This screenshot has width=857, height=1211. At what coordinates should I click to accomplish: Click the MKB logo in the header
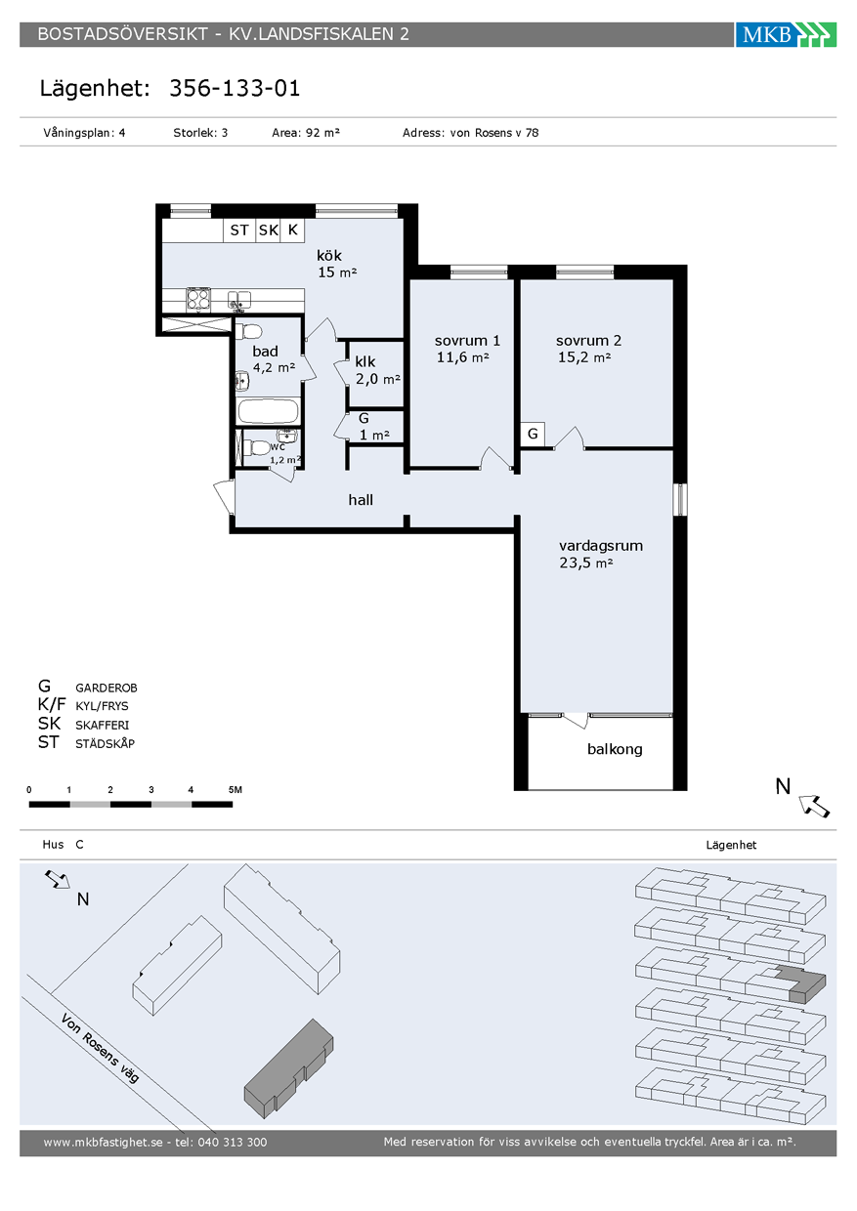tap(786, 34)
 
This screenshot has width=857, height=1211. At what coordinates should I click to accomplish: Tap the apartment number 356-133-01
tap(235, 88)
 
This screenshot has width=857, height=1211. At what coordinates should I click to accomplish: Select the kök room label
tap(329, 256)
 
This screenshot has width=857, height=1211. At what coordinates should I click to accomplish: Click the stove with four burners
tap(198, 300)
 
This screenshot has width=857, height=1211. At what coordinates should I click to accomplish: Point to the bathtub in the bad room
tap(268, 411)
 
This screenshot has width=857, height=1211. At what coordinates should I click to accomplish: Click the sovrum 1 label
tap(467, 341)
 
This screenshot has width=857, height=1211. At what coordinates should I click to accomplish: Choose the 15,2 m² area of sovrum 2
tap(584, 357)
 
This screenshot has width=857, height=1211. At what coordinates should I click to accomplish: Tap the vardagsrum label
tap(601, 546)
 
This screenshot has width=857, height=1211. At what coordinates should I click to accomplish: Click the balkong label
tap(615, 749)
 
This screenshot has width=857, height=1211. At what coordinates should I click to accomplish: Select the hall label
tap(361, 500)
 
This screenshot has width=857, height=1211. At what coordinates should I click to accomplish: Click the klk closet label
tap(365, 361)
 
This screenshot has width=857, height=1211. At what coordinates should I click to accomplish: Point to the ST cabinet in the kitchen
tap(239, 230)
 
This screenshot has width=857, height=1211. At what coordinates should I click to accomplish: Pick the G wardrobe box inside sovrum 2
tap(533, 434)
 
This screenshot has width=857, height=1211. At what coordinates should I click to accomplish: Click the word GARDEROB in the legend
tap(107, 689)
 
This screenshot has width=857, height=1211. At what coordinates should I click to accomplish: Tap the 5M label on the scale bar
tap(236, 790)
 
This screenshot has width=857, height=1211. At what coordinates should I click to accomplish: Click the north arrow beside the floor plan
tap(815, 806)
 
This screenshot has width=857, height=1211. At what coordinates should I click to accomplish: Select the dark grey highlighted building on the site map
tap(289, 1068)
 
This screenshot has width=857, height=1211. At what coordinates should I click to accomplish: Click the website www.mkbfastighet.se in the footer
tap(103, 1143)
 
